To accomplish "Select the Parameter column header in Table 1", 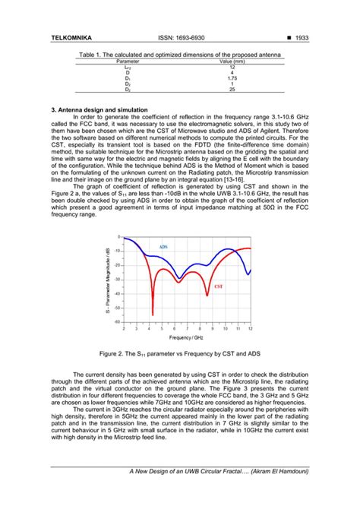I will pyautogui.click(x=116, y=62).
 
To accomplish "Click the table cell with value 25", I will pyautogui.click(x=232, y=90).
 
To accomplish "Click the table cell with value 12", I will pyautogui.click(x=232, y=67).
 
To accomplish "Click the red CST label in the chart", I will pyautogui.click(x=219, y=287).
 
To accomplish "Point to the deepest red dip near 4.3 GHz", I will pyautogui.click(x=153, y=313).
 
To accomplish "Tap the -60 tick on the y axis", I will pyautogui.click(x=117, y=322).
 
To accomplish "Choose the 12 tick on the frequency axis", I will pyautogui.click(x=250, y=328).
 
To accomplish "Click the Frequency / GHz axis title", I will pyautogui.click(x=187, y=337).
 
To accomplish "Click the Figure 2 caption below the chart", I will pyautogui.click(x=180, y=353).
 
